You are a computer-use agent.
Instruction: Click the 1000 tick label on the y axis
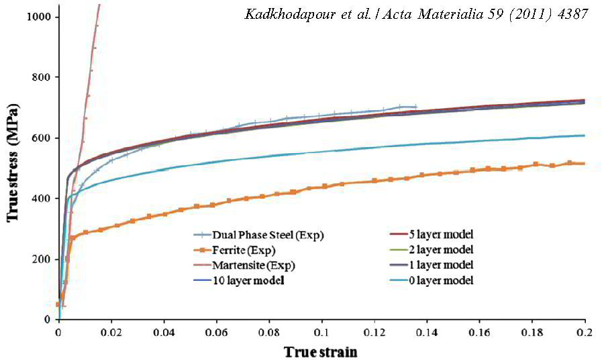pyautogui.click(x=45, y=16)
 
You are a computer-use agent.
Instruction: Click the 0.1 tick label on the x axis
pyautogui.click(x=322, y=332)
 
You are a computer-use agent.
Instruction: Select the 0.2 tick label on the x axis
pyautogui.click(x=585, y=332)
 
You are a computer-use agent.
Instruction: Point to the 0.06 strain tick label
pyautogui.click(x=217, y=332)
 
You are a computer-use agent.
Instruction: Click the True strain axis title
pyautogui.click(x=320, y=351)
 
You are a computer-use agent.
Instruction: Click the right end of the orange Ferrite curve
pyautogui.click(x=584, y=163)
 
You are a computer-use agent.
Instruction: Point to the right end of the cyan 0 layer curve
pyautogui.click(x=584, y=136)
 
